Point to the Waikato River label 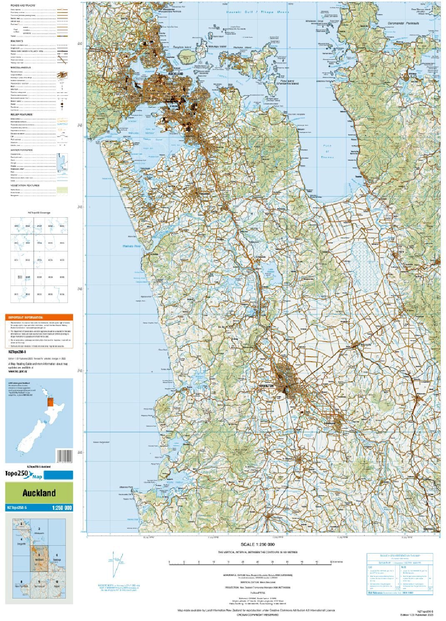pos(132,246)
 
